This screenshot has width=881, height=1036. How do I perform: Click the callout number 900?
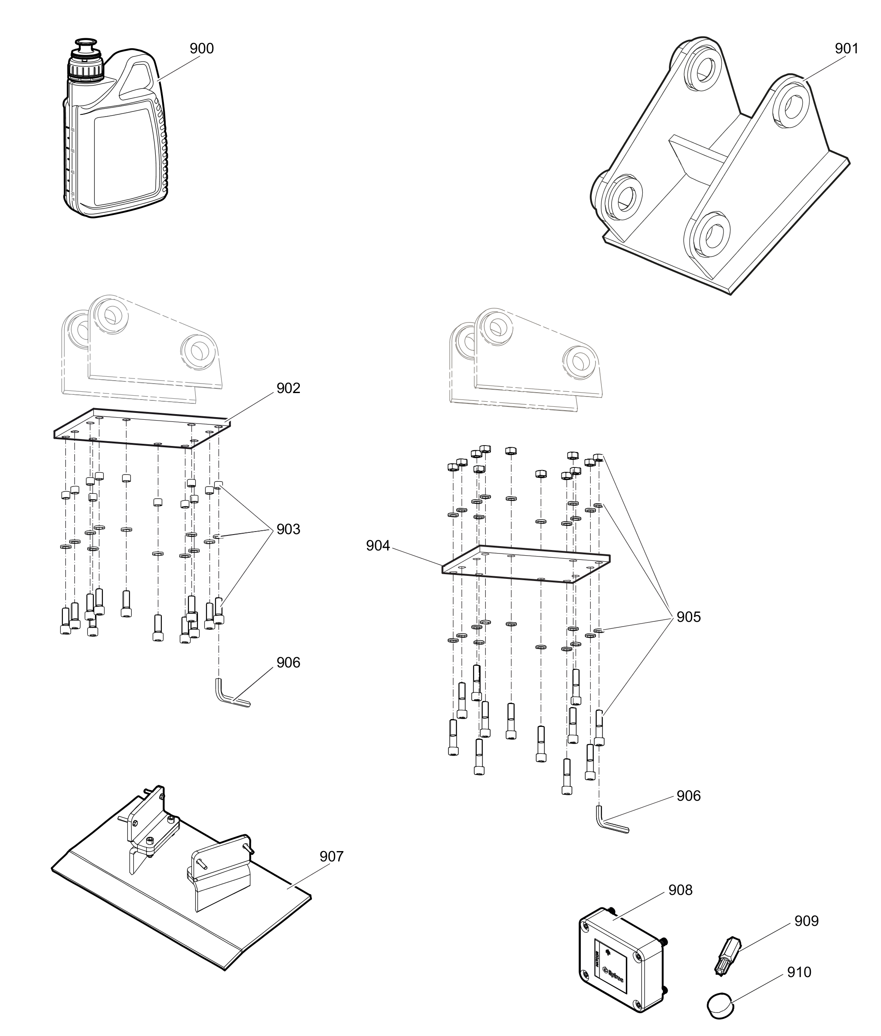201,49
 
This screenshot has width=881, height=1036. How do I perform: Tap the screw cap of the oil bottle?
86,68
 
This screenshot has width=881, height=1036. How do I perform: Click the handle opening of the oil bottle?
137,80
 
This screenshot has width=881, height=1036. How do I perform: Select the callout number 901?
847,49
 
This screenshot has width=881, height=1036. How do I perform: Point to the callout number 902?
288,388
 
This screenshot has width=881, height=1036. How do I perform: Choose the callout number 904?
378,546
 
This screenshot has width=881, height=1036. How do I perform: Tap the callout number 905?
688,617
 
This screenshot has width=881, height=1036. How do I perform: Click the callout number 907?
331,856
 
